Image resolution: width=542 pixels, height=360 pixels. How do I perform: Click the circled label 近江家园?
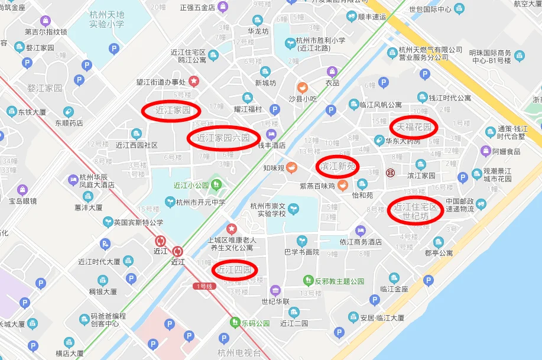(x=171, y=110)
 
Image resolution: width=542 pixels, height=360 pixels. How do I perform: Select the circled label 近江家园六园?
(x=223, y=138)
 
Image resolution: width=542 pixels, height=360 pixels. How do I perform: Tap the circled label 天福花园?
(x=414, y=127)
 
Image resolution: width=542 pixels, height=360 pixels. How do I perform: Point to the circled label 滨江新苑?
(x=337, y=166)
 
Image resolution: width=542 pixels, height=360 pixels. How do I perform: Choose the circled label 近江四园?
(x=235, y=270)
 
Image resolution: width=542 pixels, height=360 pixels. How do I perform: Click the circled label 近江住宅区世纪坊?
(x=416, y=211)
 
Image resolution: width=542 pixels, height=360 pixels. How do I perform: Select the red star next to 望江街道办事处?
(x=193, y=81)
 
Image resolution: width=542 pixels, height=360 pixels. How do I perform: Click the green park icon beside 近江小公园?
(x=216, y=185)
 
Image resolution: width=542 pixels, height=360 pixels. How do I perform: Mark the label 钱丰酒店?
(x=269, y=145)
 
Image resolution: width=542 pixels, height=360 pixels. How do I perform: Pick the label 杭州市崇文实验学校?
(x=268, y=209)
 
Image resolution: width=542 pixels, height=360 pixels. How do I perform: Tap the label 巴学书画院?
(x=301, y=252)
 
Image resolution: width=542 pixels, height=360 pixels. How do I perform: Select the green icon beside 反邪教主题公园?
(x=308, y=280)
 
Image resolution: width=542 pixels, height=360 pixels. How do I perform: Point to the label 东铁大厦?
(x=32, y=111)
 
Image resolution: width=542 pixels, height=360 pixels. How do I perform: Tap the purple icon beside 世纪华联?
(x=275, y=290)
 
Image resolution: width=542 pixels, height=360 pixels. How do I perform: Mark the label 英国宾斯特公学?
(x=138, y=222)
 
